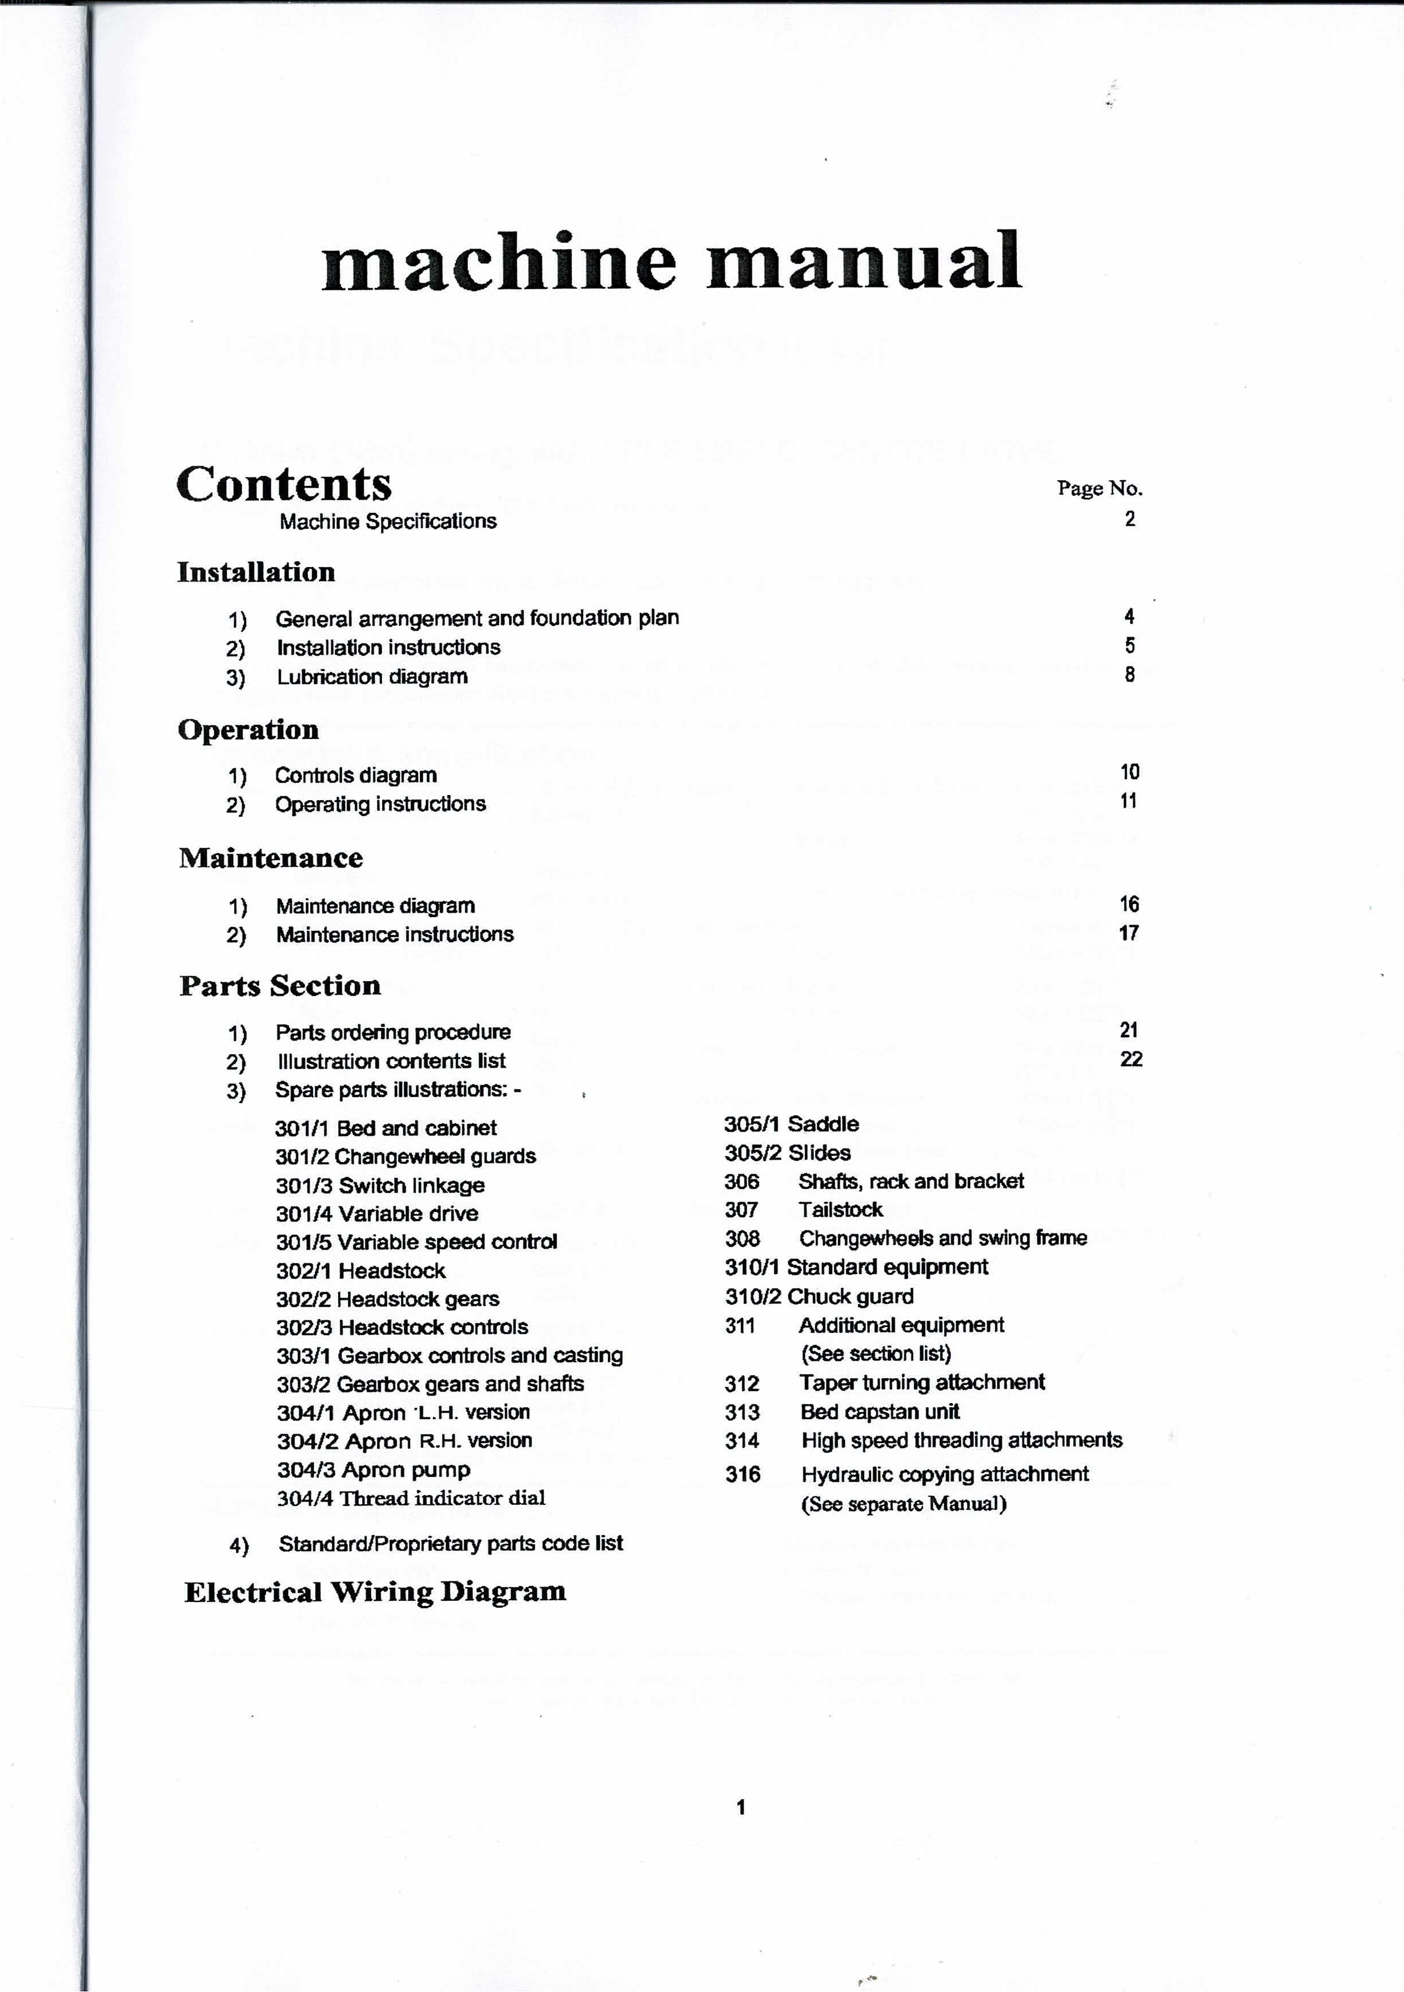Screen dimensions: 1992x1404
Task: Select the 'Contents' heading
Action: (x=284, y=484)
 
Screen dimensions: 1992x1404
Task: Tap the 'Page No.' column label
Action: (x=1100, y=488)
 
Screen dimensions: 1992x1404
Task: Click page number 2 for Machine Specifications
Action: (x=1130, y=519)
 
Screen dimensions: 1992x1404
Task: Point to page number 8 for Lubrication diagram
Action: (x=1130, y=674)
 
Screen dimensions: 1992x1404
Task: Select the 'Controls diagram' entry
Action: (x=356, y=775)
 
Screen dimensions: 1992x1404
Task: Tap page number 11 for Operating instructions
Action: (x=1128, y=801)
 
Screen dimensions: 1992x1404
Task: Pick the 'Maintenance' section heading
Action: (x=271, y=858)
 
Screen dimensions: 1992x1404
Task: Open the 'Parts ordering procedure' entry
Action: (x=393, y=1033)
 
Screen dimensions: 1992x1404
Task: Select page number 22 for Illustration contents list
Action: (x=1130, y=1058)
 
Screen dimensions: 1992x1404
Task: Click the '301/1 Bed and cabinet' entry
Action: (x=386, y=1128)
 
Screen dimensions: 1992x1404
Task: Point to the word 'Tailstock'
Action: (x=840, y=1210)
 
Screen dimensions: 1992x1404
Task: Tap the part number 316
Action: (x=742, y=1474)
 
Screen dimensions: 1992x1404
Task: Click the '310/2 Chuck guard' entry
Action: (x=819, y=1296)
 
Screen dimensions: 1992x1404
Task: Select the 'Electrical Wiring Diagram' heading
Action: (x=375, y=1592)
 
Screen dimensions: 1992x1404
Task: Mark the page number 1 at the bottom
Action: (x=740, y=1807)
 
